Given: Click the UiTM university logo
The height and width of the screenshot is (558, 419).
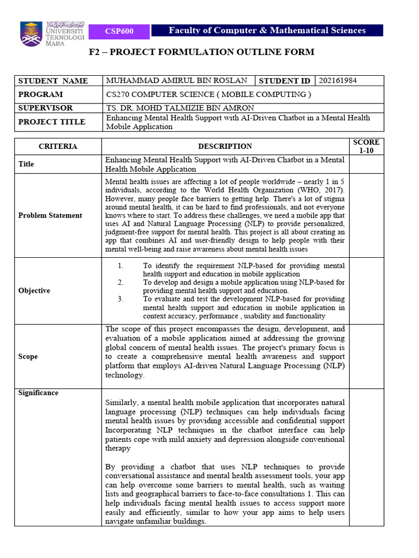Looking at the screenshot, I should click(x=52, y=34).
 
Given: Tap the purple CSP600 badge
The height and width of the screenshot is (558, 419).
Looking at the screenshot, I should click(x=119, y=31).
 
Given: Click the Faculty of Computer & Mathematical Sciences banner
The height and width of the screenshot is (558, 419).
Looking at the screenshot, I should click(x=267, y=31).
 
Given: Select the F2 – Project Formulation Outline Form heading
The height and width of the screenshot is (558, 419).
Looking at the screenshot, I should click(x=201, y=52).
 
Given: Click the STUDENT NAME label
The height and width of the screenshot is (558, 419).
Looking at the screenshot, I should click(x=53, y=81).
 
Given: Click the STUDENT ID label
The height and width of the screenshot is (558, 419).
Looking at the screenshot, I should click(x=285, y=81).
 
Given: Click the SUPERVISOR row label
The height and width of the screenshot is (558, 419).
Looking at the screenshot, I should click(x=45, y=108).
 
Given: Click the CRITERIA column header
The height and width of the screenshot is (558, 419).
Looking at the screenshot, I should click(x=58, y=147).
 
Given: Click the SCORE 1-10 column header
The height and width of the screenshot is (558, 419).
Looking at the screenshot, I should click(x=366, y=147).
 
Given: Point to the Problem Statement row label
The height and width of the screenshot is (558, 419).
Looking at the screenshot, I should click(x=50, y=215).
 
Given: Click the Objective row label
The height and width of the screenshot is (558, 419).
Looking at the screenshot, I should click(x=34, y=290).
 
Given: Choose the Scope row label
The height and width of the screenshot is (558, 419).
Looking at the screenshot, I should click(x=28, y=356).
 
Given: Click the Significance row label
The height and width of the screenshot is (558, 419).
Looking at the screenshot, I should click(x=38, y=393).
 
